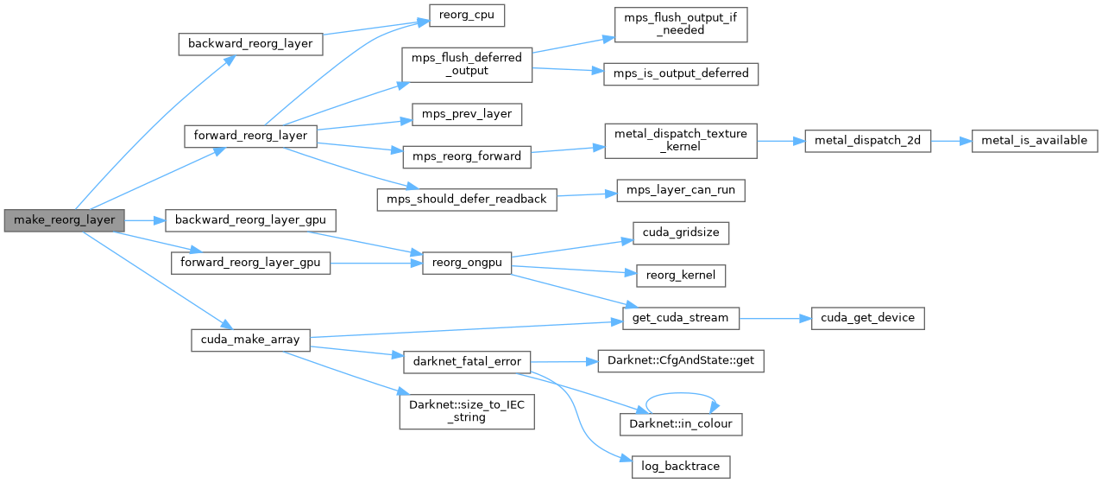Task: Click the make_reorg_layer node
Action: [x=64, y=219]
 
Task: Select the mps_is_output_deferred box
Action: [x=681, y=73]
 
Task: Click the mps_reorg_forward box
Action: [x=466, y=156]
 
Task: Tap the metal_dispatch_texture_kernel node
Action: [x=680, y=140]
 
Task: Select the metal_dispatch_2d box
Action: [x=867, y=140]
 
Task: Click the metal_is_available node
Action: [x=1035, y=140]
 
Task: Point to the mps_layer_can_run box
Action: [x=680, y=189]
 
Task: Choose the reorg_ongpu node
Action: [x=467, y=262]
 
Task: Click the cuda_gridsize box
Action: [x=681, y=232]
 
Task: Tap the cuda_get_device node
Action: [x=867, y=318]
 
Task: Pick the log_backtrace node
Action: [x=681, y=467]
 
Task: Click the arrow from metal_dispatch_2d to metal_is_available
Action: [x=952, y=140]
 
